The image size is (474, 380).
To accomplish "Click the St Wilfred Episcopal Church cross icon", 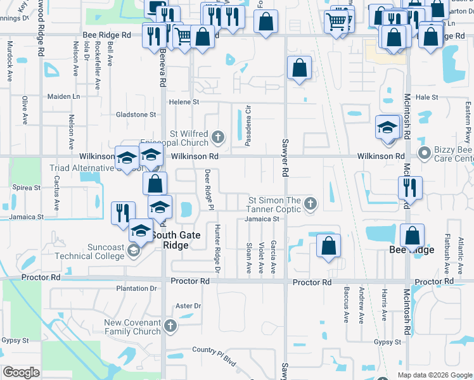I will (x=218, y=136).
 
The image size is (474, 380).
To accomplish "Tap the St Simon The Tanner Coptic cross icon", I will (x=310, y=203).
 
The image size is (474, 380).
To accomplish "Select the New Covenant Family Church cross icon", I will (x=169, y=327).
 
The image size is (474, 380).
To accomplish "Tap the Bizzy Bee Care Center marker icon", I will (x=425, y=153).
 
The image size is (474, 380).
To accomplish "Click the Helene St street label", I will (x=183, y=102).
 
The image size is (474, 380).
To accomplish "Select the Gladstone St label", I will (x=136, y=115).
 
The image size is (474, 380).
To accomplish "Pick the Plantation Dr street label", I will (x=136, y=288).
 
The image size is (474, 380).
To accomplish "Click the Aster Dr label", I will (x=188, y=306).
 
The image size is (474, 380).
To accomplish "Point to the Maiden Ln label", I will (x=64, y=97).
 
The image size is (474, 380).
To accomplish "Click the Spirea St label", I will (x=27, y=188).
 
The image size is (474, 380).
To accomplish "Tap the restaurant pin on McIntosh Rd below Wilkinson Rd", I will (x=410, y=188).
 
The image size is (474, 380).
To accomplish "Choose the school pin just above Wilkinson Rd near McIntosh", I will (x=387, y=128).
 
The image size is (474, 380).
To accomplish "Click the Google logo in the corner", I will (x=22, y=372).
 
